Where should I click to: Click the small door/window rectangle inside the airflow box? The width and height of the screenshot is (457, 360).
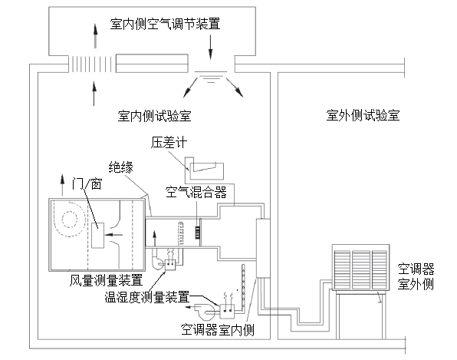pos(97,235)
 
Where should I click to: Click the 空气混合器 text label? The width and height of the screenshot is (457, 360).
pos(196,190)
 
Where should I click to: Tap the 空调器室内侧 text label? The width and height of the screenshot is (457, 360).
pos(217,331)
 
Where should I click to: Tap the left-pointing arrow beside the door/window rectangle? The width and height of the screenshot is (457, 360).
pos(116,235)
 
